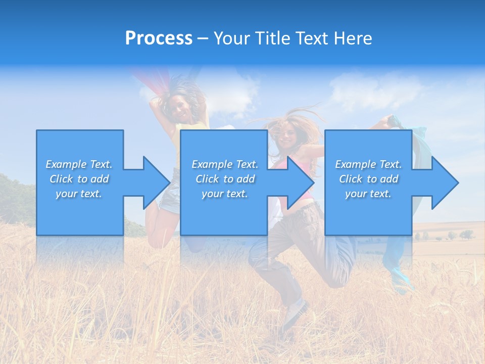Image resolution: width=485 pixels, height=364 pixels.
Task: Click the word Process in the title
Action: pyautogui.click(x=159, y=38)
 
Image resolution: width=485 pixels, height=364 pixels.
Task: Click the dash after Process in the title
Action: pyautogui.click(x=203, y=39)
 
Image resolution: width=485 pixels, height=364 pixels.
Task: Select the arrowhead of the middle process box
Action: pyautogui.click(x=300, y=183)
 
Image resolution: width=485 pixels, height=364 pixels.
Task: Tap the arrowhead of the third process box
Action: pyautogui.click(x=444, y=183)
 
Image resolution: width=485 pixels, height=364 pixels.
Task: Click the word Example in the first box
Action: pyautogui.click(x=66, y=164)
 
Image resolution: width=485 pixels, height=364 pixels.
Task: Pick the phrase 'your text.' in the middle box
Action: pyautogui.click(x=224, y=194)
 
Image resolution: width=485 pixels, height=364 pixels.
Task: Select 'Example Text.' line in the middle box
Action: pyautogui.click(x=224, y=164)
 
